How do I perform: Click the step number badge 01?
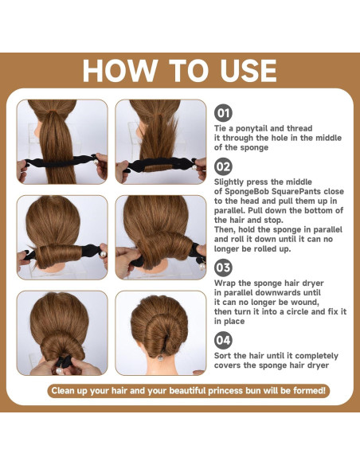[x=223, y=113]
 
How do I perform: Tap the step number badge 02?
[x=223, y=166]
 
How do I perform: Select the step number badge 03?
[x=223, y=268]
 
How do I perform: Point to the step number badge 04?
[x=223, y=340]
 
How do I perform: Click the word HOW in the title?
[x=119, y=71]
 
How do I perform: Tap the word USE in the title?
[x=248, y=71]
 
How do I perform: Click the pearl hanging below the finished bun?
[x=160, y=358]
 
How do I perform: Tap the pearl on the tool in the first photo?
[x=96, y=162]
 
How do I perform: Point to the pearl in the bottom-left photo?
[x=60, y=370]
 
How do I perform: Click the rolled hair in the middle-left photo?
[x=59, y=255]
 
